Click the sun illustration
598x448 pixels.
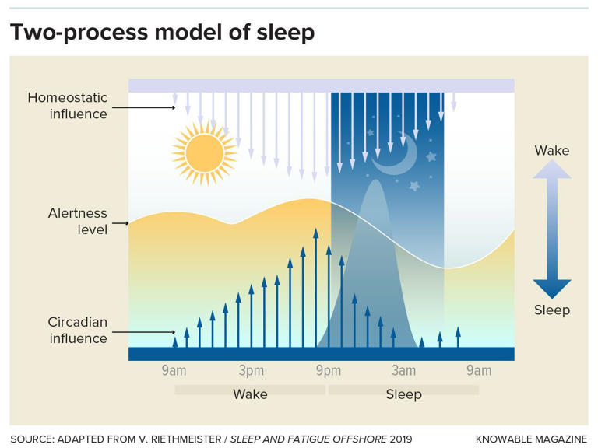click(x=204, y=152)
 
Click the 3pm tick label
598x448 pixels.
click(x=251, y=370)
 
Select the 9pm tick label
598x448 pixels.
click(x=329, y=370)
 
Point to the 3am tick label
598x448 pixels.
click(x=403, y=370)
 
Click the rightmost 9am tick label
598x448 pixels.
click(x=479, y=370)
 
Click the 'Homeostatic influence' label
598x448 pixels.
click(x=67, y=106)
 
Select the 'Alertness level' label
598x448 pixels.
click(x=77, y=222)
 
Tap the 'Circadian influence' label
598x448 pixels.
click(x=77, y=330)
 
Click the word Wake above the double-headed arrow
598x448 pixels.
click(x=551, y=150)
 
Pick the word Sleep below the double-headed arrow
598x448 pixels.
click(x=551, y=310)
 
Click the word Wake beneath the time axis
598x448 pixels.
click(x=250, y=394)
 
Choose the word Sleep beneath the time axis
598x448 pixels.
click(x=403, y=394)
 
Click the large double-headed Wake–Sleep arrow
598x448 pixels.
click(x=551, y=229)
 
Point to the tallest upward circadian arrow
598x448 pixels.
click(x=315, y=288)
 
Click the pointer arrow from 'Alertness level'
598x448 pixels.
click(x=119, y=223)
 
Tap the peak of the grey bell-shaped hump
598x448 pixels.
click(x=374, y=184)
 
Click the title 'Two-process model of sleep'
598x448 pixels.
click(x=162, y=32)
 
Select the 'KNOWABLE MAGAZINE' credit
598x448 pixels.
click(x=531, y=439)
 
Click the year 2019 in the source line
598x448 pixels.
click(x=401, y=439)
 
